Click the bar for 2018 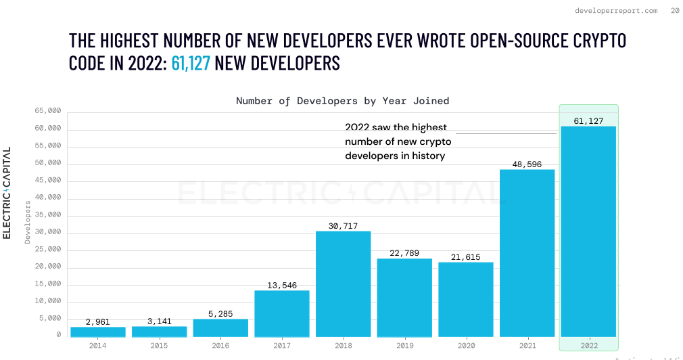(343, 284)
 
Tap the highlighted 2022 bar (588, 231)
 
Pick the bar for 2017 (281, 313)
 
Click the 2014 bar (98, 332)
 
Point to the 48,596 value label (527, 164)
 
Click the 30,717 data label (343, 226)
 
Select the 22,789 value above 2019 (404, 254)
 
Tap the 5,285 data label (220, 313)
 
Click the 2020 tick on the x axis (466, 345)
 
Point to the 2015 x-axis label (159, 345)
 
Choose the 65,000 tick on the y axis (47, 111)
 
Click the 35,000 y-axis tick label (47, 215)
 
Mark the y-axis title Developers (28, 222)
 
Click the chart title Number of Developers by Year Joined (342, 101)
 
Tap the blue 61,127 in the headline (191, 64)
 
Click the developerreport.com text (615, 11)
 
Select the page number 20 (675, 11)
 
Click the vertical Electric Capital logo (7, 193)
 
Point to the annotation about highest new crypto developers (398, 141)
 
